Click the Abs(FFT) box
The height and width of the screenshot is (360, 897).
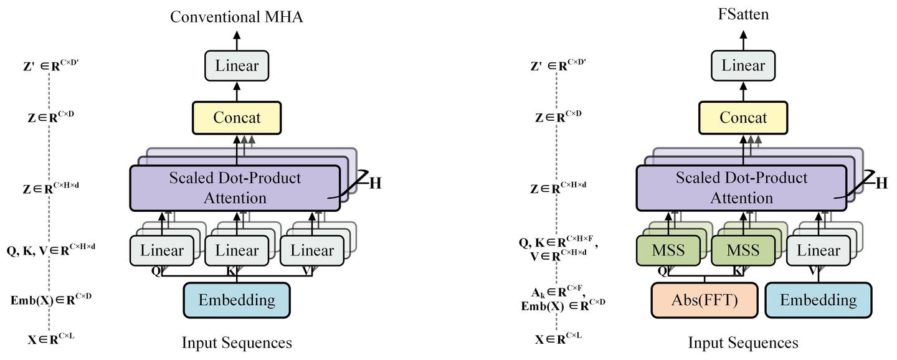705,300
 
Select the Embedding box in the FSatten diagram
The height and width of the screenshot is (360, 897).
818,300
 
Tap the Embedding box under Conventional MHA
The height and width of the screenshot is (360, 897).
237,300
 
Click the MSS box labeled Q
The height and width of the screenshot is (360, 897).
668,250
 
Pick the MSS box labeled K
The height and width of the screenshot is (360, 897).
743,250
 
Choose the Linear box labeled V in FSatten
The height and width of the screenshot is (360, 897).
818,250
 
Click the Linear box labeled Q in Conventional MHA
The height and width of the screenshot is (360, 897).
162,250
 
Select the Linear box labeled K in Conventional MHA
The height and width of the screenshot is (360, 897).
237,250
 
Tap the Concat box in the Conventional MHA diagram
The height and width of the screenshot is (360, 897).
237,118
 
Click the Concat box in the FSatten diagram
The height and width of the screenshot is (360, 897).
743,118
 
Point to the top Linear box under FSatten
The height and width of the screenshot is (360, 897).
743,65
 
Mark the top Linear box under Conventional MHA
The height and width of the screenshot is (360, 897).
237,65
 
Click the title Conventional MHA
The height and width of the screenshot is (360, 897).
236,17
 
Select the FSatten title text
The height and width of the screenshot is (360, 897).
743,14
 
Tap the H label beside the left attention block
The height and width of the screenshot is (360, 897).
375,184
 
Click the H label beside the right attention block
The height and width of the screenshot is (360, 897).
881,184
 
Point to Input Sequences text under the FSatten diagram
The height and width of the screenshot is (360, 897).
743,343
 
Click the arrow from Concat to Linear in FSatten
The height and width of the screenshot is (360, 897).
743,92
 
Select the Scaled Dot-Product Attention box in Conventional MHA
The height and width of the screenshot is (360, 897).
235,188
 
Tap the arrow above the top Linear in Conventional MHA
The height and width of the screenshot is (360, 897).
237,40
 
